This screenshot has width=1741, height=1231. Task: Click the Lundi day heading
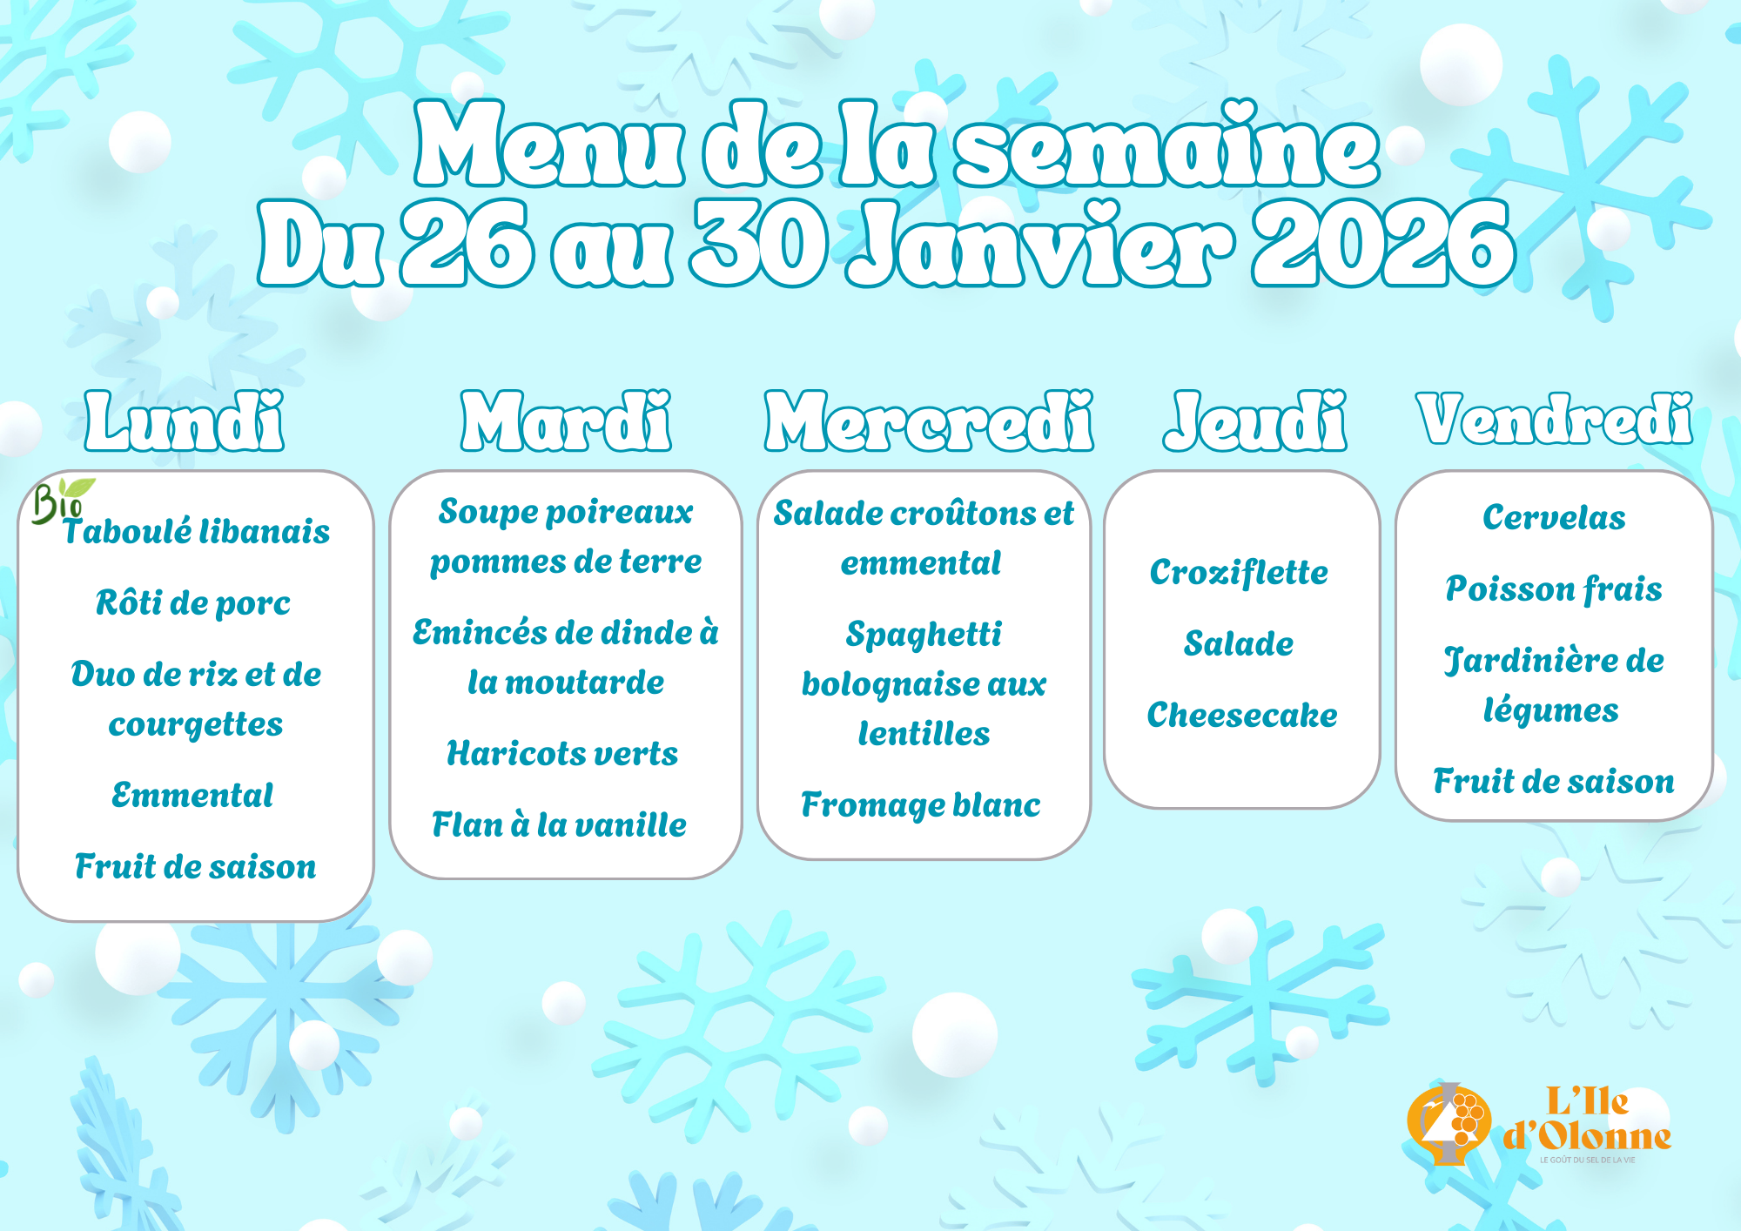[185, 420]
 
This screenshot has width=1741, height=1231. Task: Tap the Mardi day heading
[566, 420]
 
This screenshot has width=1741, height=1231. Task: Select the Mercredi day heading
[929, 420]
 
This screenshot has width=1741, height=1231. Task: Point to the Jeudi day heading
[1255, 420]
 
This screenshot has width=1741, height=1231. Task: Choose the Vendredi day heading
[1555, 419]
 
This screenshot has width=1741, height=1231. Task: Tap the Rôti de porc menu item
[193, 602]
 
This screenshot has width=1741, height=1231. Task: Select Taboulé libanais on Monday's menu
[197, 531]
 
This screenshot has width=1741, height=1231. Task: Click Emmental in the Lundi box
[192, 795]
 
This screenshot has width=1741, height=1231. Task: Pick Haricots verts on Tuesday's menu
[562, 753]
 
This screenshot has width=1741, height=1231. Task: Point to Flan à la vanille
[559, 824]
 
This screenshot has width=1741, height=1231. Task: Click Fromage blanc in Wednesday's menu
[921, 805]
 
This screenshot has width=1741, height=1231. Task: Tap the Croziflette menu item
[1239, 573]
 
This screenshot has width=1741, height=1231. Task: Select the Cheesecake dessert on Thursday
[1242, 715]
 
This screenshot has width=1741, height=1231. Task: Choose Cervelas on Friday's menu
[1554, 517]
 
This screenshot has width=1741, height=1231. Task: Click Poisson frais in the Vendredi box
[1554, 589]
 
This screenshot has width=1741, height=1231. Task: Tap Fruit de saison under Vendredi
[1554, 781]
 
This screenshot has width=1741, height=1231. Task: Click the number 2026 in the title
[1384, 244]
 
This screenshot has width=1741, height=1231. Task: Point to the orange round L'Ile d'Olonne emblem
[1449, 1124]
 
